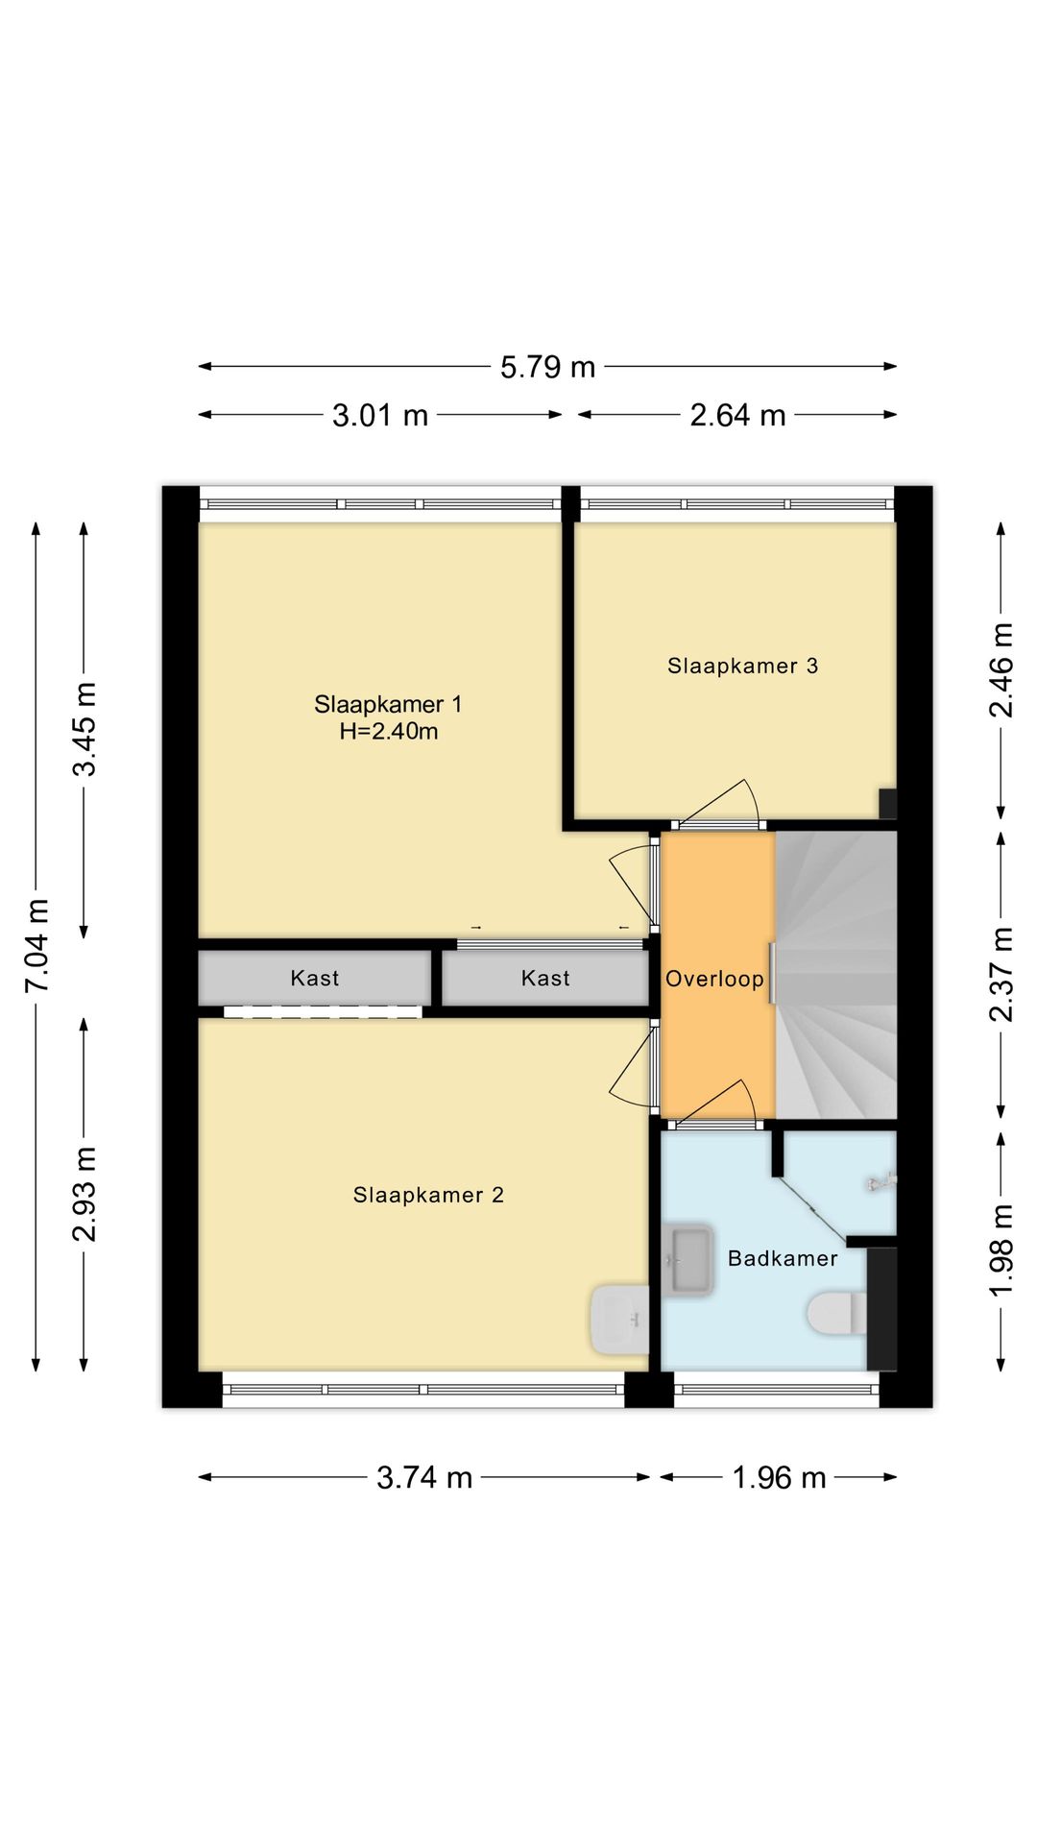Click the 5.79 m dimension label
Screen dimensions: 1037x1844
click(x=547, y=367)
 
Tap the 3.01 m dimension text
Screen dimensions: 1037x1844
click(x=380, y=416)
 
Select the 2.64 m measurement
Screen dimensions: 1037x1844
click(x=737, y=416)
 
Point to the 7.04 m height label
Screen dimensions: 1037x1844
click(x=37, y=946)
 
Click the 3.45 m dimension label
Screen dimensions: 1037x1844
click(x=85, y=729)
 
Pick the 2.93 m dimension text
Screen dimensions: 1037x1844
click(x=85, y=1194)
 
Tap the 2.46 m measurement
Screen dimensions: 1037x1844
click(x=1001, y=670)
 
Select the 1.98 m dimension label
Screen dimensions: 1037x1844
click(x=1001, y=1250)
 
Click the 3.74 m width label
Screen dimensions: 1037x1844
click(x=424, y=1477)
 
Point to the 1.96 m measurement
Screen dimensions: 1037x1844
click(x=779, y=1477)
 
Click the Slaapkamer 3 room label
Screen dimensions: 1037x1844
click(x=743, y=666)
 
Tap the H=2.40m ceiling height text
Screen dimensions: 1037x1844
click(x=389, y=732)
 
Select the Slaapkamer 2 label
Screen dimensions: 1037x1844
click(x=428, y=1195)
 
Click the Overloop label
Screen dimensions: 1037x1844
click(x=715, y=979)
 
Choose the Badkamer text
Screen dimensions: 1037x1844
click(x=783, y=1258)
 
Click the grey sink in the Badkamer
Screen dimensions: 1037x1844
click(x=687, y=1260)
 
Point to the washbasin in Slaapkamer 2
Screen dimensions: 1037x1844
click(x=620, y=1321)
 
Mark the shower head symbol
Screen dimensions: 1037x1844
click(x=881, y=1183)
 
